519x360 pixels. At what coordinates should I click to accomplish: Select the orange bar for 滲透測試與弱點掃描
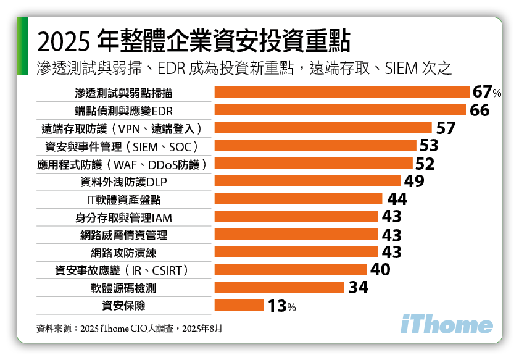point(342,93)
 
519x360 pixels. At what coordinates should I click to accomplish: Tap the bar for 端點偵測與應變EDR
point(339,110)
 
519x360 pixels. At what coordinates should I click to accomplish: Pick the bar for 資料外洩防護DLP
point(308,181)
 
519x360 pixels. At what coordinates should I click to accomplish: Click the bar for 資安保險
point(239,305)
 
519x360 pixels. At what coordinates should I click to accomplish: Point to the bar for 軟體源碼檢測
point(279,287)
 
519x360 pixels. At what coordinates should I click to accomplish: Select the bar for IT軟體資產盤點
point(298,199)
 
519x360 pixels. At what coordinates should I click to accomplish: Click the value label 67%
point(487,93)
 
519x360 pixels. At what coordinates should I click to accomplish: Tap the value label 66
point(480,111)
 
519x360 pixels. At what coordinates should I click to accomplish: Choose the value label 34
point(358,288)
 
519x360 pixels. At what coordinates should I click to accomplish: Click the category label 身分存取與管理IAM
point(123,217)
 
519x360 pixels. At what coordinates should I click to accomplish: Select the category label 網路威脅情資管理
point(123,235)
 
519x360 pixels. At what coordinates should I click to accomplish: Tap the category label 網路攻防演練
point(123,253)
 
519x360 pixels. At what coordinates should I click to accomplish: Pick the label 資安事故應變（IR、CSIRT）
point(123,270)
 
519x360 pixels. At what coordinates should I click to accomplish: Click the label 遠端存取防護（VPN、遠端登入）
point(123,128)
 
